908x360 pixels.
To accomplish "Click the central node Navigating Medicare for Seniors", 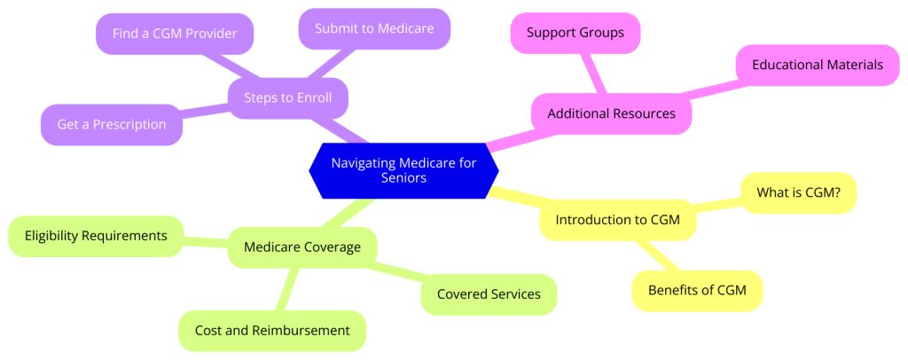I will [x=403, y=169].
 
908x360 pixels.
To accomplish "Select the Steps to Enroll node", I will [x=288, y=98].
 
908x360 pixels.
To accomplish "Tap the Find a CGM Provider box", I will [x=174, y=34].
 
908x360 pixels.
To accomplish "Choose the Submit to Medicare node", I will [x=374, y=28].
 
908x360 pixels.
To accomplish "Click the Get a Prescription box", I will [x=112, y=124].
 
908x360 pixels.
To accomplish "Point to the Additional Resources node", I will [x=611, y=113].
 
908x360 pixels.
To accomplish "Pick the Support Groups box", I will [x=575, y=33].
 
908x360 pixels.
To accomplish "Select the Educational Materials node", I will [x=817, y=65].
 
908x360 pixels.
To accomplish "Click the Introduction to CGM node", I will [x=617, y=220].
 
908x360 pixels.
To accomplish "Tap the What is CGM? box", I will [x=798, y=192].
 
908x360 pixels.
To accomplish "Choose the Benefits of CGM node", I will [x=697, y=291].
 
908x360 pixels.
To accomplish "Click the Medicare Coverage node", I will [x=302, y=247].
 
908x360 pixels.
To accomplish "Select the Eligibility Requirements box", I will [x=96, y=236].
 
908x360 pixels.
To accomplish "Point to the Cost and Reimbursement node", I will [x=272, y=330].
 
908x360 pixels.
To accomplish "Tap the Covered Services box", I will [x=489, y=294].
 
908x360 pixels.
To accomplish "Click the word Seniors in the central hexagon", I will [x=403, y=177].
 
